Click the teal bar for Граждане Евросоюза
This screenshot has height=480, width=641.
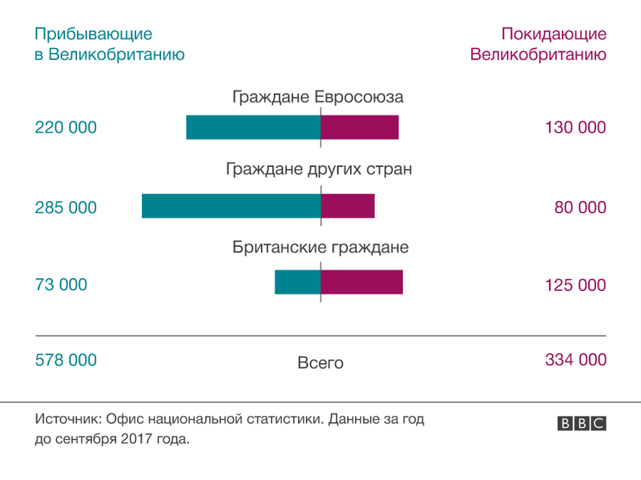point(253,127)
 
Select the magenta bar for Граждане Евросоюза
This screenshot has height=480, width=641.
point(360,127)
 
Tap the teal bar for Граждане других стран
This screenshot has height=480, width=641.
point(231,206)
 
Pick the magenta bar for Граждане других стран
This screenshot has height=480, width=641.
point(348,206)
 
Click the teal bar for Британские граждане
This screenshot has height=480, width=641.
point(297,282)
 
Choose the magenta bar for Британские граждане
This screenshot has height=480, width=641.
point(361,282)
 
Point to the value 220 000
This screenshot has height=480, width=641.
point(66,127)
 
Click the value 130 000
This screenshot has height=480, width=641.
point(575,127)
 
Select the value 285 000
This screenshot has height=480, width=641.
point(66,208)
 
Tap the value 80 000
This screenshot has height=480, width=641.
point(580,208)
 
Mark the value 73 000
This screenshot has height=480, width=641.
point(61,284)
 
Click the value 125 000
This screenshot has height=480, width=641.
point(575,284)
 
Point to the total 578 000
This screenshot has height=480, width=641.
point(66,360)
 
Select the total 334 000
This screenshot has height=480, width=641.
point(575,360)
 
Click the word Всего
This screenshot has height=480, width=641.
point(320,363)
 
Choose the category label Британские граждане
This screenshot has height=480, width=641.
point(320,248)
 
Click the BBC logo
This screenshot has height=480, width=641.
point(582,424)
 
